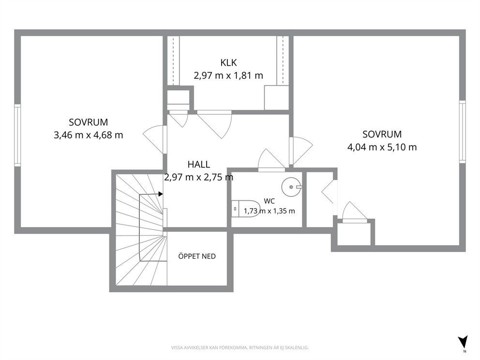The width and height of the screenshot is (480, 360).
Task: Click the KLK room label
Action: pyautogui.click(x=228, y=63)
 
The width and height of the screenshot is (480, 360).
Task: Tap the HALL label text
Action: pyautogui.click(x=199, y=165)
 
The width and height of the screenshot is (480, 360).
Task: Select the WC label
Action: pyautogui.click(x=269, y=201)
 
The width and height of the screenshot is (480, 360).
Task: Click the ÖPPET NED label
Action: pyautogui.click(x=197, y=256)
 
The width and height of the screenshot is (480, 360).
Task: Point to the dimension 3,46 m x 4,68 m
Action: pyautogui.click(x=89, y=135)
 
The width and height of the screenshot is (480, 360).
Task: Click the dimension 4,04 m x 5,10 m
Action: pyautogui.click(x=382, y=147)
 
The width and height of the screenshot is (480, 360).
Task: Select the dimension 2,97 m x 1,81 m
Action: pyautogui.click(x=228, y=75)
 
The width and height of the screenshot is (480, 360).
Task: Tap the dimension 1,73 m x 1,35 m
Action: pyautogui.click(x=270, y=211)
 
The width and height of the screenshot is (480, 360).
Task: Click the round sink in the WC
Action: pyautogui.click(x=291, y=187)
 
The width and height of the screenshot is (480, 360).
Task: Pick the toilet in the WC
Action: pyautogui.click(x=245, y=209)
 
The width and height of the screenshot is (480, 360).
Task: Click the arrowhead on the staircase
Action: pyautogui.click(x=161, y=194)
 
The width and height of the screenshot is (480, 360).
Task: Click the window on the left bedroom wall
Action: pyautogui.click(x=17, y=135)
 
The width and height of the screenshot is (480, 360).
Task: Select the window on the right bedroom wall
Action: pyautogui.click(x=462, y=132)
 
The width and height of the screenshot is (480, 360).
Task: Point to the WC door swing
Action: pyautogui.click(x=271, y=160)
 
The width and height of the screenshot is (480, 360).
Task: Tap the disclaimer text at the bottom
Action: pyautogui.click(x=240, y=348)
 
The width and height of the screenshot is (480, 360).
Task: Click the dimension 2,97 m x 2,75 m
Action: pyautogui.click(x=199, y=177)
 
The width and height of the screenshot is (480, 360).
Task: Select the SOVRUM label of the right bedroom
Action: pyautogui.click(x=382, y=135)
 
